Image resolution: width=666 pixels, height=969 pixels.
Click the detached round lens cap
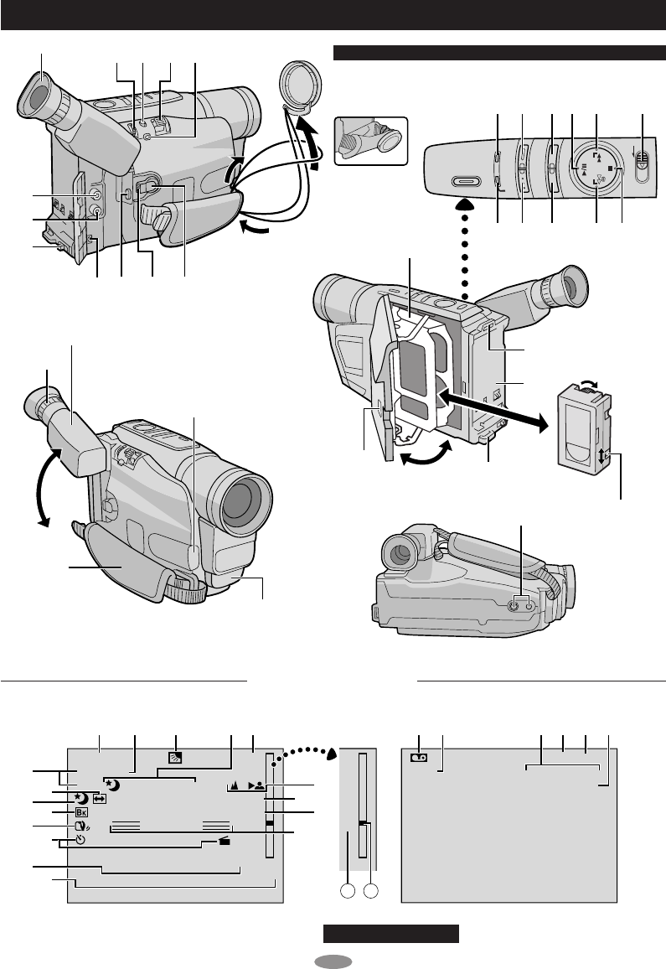click(x=297, y=82)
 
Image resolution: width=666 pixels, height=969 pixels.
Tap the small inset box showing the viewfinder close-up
click(x=370, y=139)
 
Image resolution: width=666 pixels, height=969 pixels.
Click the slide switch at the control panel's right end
click(x=642, y=163)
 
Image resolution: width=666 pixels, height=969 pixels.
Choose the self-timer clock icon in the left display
click(x=80, y=840)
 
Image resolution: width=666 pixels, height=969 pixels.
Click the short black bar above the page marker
click(x=392, y=934)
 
